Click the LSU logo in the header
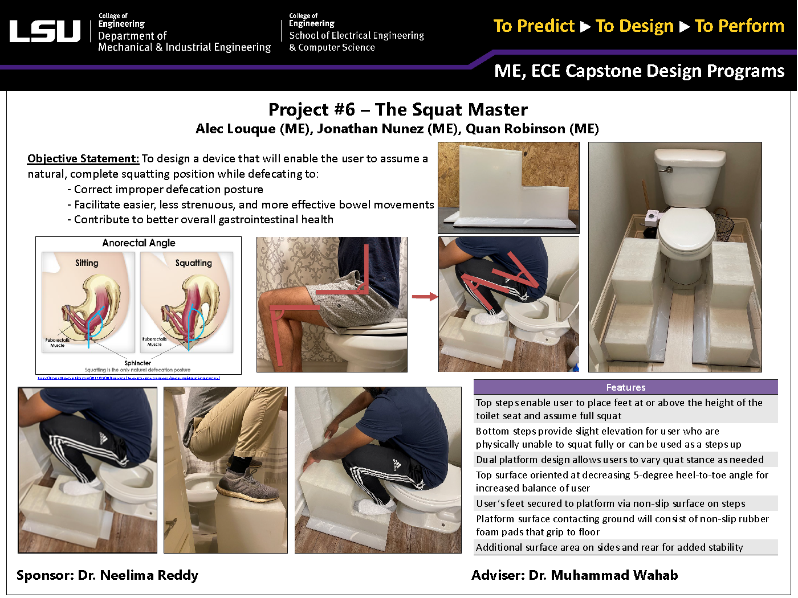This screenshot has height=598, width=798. pyautogui.click(x=45, y=31)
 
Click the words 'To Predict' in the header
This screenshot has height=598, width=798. pyautogui.click(x=534, y=26)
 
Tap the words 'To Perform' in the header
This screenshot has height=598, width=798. pyautogui.click(x=739, y=26)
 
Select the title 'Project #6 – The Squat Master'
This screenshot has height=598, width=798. pyautogui.click(x=398, y=109)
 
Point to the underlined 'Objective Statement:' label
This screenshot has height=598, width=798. pyautogui.click(x=83, y=159)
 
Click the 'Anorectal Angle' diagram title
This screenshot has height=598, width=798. pyautogui.click(x=139, y=243)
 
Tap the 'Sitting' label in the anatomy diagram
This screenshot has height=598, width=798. pyautogui.click(x=87, y=263)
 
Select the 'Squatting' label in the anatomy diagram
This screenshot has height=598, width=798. pyautogui.click(x=193, y=263)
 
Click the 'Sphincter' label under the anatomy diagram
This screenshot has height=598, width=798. pyautogui.click(x=138, y=363)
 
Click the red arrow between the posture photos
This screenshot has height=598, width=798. pyautogui.click(x=424, y=297)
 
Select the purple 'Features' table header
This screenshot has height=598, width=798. pyautogui.click(x=625, y=387)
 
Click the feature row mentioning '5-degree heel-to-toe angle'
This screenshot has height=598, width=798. pyautogui.click(x=622, y=481)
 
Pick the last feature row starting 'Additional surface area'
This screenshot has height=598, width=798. pyautogui.click(x=609, y=547)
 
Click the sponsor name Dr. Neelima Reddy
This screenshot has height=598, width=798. pyautogui.click(x=138, y=575)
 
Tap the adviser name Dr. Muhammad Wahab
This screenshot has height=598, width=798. pyautogui.click(x=603, y=575)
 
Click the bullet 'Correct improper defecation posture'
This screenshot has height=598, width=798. pyautogui.click(x=168, y=190)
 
